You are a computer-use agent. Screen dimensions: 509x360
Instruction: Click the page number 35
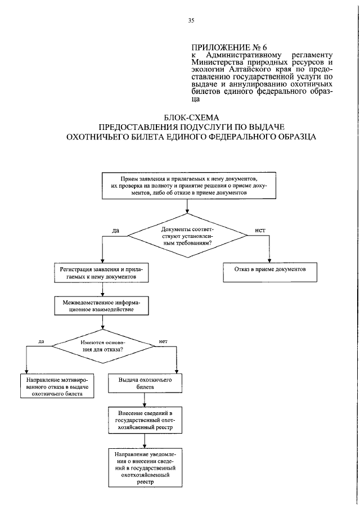(x=191, y=21)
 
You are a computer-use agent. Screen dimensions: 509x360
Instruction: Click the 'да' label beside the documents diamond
(x=116, y=231)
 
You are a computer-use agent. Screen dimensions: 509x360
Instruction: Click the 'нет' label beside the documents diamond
(x=260, y=231)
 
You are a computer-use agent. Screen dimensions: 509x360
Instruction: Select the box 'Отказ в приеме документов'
(x=270, y=270)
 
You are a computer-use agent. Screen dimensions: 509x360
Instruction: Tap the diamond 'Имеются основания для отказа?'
(x=102, y=346)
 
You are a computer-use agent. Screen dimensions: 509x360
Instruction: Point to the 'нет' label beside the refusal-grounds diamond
(x=164, y=341)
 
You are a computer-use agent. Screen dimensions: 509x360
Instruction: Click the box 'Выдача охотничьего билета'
(x=145, y=384)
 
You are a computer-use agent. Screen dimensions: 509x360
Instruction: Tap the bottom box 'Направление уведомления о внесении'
(x=145, y=467)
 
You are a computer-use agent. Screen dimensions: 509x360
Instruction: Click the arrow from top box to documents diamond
(x=186, y=206)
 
